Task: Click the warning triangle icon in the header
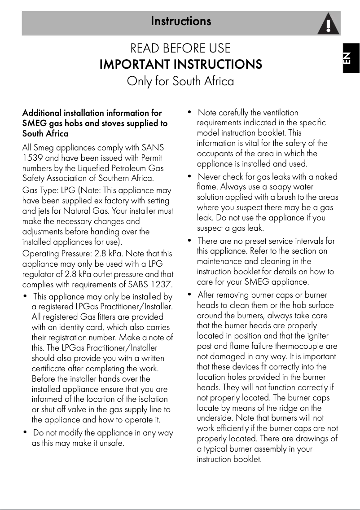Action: click(x=328, y=24)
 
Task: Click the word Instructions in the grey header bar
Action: click(x=181, y=21)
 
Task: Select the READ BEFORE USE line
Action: click(x=180, y=48)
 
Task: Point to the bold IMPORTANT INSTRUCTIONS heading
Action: click(x=180, y=65)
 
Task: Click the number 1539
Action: click(x=32, y=158)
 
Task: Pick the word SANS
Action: click(x=153, y=148)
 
